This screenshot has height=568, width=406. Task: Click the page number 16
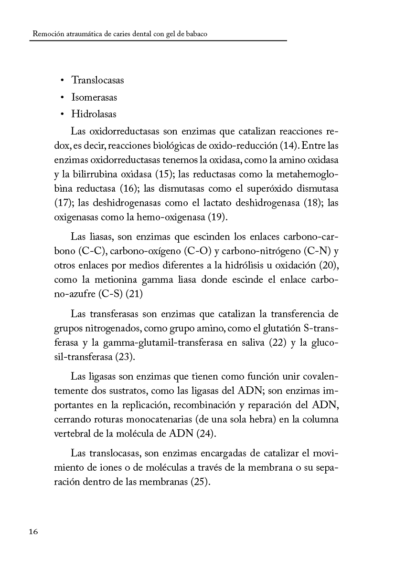[x=33, y=532]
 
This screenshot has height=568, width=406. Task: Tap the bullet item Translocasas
[x=97, y=80]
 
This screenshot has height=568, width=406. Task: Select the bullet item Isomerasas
[x=94, y=97]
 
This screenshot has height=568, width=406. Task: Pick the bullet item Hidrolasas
[x=94, y=114]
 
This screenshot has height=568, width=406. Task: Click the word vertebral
[x=72, y=434]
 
